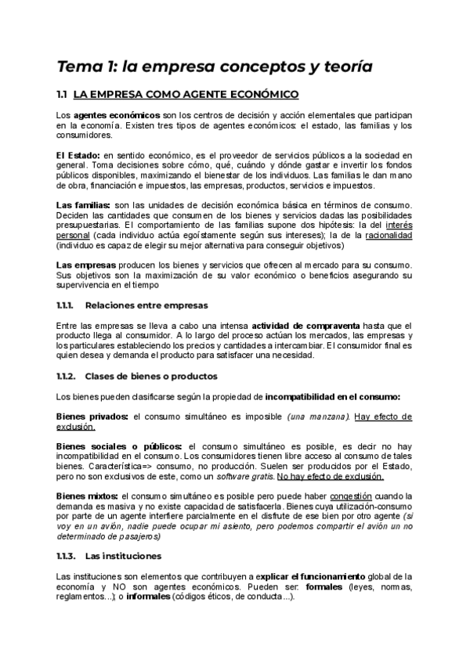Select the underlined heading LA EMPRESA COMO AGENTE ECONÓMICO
point(186,96)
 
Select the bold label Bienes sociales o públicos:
point(120,446)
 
